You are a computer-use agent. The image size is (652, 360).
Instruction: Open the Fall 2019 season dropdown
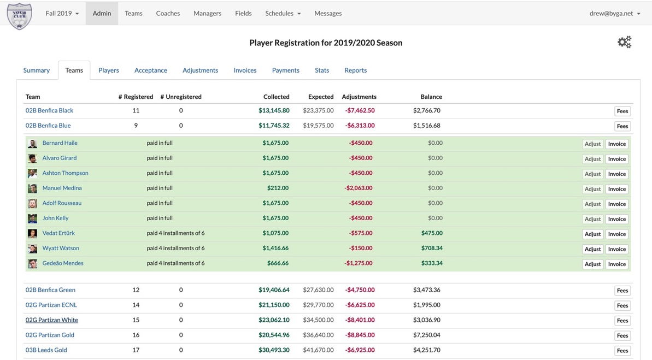pos(62,13)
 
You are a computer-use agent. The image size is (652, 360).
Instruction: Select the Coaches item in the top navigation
pos(168,13)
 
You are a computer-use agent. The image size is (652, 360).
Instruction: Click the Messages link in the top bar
pos(328,13)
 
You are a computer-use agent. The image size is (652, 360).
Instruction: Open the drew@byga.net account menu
pos(614,13)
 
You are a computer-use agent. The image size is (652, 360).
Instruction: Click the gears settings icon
pos(624,42)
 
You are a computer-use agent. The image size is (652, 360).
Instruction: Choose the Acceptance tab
pos(151,70)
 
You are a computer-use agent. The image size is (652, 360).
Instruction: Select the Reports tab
pos(355,70)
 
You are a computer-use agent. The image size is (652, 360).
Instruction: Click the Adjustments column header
pos(359,97)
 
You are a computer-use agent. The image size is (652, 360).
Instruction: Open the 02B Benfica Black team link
pos(49,110)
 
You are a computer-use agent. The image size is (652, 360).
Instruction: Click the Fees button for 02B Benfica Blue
pos(622,126)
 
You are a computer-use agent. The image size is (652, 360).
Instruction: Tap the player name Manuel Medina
pos(62,188)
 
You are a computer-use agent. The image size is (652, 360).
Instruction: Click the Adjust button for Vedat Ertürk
pos(592,234)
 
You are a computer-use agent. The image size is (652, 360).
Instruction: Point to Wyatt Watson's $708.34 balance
pos(432,248)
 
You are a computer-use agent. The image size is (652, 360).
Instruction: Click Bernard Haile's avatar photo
pos(33,144)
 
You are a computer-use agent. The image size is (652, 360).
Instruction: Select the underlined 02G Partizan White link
pos(52,320)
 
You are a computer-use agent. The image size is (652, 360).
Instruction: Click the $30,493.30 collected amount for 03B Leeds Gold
pos(274,350)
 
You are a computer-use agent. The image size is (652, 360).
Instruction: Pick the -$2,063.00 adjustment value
pos(359,188)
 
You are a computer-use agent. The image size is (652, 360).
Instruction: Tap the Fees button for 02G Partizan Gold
pos(622,335)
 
